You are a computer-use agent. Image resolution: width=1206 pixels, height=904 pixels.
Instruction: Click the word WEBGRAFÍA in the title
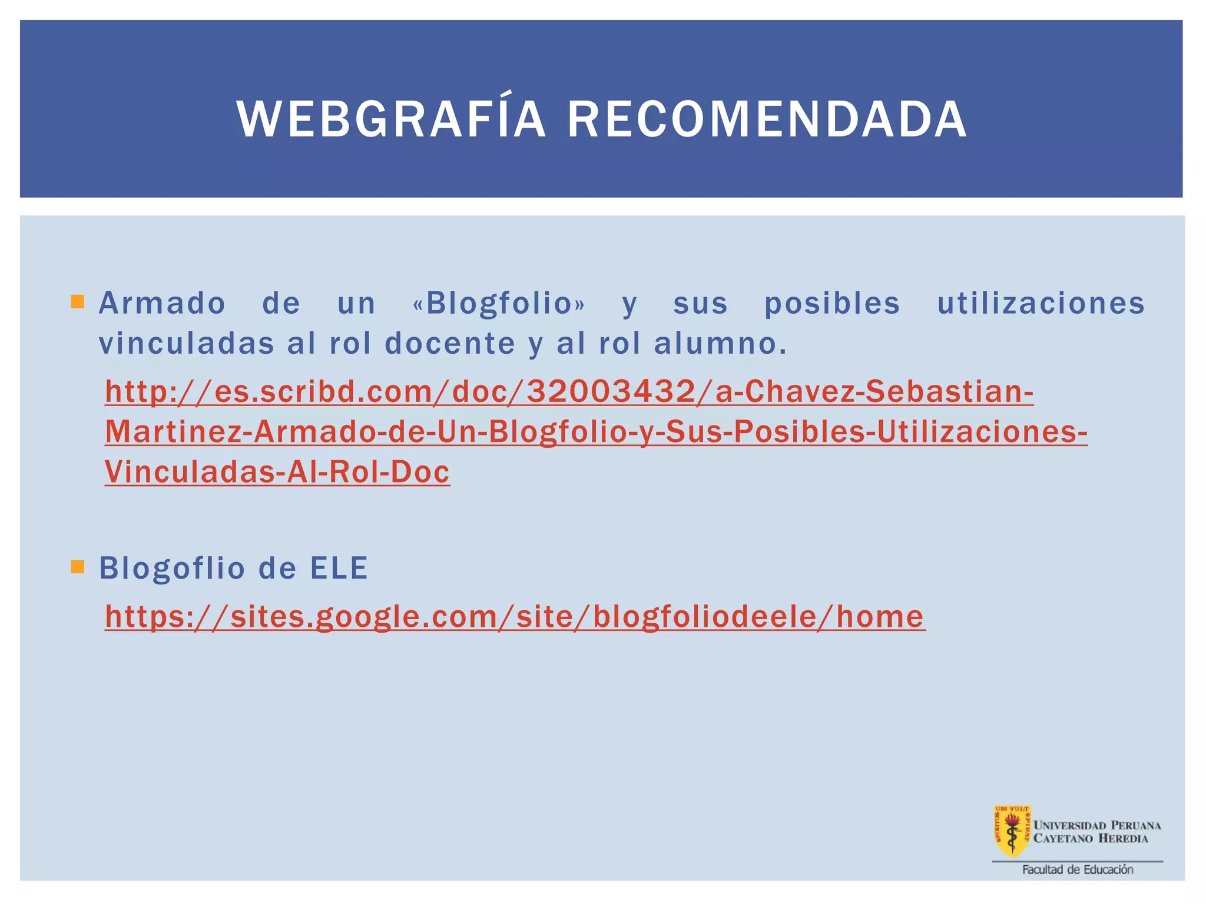391,120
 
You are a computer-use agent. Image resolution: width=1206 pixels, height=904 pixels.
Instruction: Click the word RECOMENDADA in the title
767,120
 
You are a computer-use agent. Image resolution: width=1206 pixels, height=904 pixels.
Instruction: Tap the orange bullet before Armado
77,303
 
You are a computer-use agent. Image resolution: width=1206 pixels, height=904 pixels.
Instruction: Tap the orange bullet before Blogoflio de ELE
77,567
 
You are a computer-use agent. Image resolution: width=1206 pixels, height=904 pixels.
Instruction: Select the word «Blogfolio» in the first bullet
499,304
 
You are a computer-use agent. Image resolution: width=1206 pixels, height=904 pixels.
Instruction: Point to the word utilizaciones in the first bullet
1041,304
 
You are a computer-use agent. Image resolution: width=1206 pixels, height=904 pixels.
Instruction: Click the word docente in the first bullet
450,344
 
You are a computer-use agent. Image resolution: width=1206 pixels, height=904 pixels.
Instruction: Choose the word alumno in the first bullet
720,344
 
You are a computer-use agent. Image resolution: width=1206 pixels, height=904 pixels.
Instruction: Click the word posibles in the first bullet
832,304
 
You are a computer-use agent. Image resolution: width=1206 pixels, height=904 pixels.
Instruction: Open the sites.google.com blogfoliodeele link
515,617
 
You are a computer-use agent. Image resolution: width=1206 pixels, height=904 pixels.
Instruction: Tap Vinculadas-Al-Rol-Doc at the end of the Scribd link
277,472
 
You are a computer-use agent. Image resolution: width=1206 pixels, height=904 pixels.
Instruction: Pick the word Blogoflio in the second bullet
172,569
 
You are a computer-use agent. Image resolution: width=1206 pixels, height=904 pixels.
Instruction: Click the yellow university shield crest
1012,830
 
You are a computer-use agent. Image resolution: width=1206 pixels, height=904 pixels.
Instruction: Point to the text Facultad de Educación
1077,870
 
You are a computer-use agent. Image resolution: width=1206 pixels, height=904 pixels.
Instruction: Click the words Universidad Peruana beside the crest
1097,825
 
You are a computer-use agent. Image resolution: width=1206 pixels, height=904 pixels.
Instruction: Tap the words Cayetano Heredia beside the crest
1091,839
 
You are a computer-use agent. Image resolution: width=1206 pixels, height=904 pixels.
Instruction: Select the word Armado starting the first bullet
162,304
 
